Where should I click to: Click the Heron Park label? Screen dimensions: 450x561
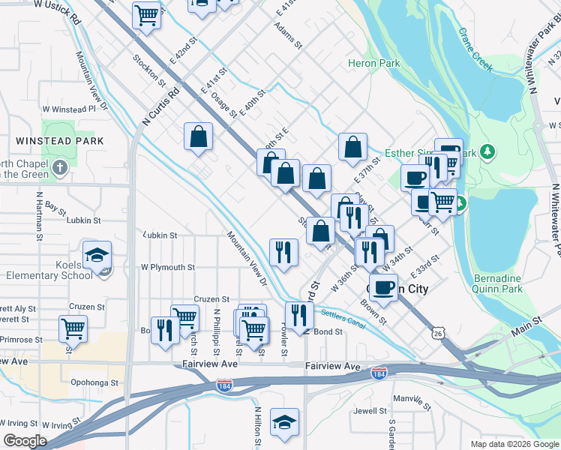click(373, 64)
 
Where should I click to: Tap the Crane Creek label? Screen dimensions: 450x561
click(475, 50)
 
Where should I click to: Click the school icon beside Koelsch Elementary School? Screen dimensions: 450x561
click(97, 256)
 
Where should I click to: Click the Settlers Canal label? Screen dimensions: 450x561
click(342, 318)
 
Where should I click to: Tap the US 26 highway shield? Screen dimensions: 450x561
click(439, 331)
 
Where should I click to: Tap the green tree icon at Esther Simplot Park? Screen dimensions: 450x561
click(488, 153)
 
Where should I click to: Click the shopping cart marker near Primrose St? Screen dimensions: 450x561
click(73, 328)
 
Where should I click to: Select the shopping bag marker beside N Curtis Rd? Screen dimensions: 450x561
click(198, 136)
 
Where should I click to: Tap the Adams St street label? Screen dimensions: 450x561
click(288, 35)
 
